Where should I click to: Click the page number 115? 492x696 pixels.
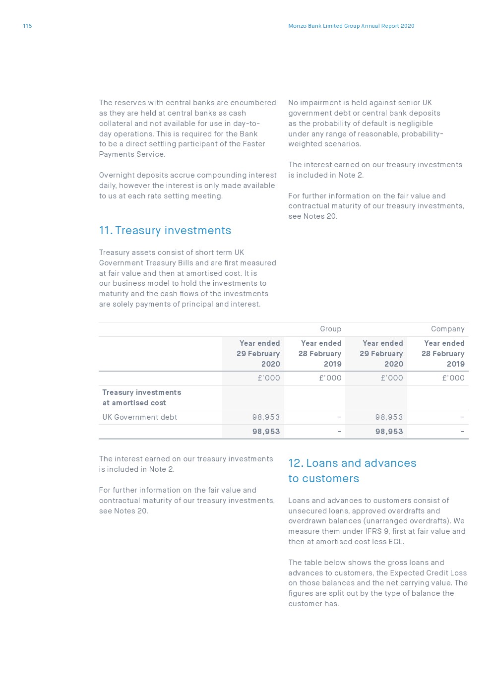27,26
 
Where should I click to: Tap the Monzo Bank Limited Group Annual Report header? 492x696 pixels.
351,26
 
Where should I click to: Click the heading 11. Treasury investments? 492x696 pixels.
165,230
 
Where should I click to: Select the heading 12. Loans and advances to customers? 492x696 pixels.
352,470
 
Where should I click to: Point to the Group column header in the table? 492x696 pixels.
330,329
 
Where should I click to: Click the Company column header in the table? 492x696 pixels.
447,329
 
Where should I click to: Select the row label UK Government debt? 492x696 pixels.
139,417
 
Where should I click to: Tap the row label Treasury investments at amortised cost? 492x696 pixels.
141,397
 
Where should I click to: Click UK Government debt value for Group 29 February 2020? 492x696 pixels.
266,417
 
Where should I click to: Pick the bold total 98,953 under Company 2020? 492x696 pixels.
389,432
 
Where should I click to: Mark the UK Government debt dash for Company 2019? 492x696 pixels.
462,417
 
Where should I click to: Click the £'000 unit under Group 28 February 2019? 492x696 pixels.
330,378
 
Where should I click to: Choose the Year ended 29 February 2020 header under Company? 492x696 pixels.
381,353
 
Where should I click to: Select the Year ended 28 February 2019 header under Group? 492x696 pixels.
320,353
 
